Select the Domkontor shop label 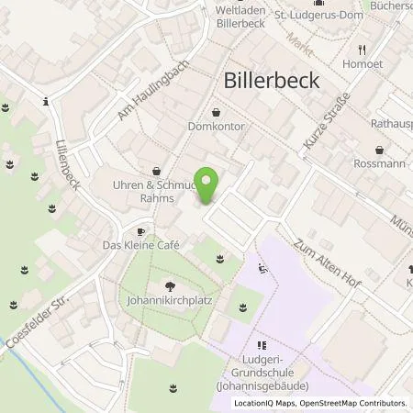tap(217, 127)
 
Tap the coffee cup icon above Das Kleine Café tap(140, 231)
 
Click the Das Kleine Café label tap(140, 246)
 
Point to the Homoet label tap(364, 64)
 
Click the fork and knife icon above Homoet tap(364, 50)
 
